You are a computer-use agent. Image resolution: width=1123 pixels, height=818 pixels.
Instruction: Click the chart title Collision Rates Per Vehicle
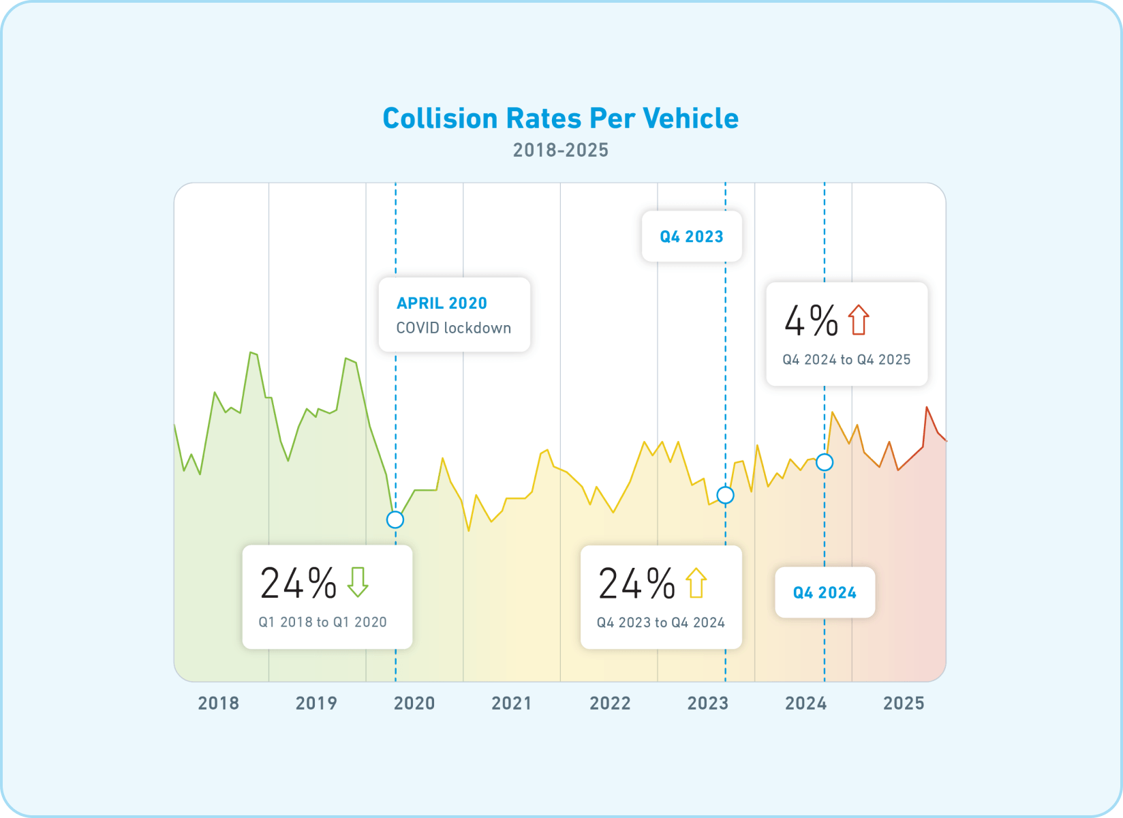tap(560, 119)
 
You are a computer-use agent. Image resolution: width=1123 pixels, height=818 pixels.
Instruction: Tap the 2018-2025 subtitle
tap(560, 150)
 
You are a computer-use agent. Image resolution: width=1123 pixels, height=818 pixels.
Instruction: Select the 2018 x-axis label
tap(218, 703)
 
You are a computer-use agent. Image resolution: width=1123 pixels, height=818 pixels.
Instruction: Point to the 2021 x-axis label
tap(512, 703)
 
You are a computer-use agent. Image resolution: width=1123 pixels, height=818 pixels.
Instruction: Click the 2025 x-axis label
tap(904, 703)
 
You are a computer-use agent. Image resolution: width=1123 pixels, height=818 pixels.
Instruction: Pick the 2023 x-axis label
tap(707, 703)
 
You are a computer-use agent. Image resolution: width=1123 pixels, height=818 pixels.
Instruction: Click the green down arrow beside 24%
tap(358, 582)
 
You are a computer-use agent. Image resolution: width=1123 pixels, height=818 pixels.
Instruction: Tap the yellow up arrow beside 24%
tap(696, 583)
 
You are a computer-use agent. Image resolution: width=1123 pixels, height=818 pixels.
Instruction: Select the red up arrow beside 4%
tap(859, 320)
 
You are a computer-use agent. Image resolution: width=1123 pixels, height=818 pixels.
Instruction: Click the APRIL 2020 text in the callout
tap(442, 303)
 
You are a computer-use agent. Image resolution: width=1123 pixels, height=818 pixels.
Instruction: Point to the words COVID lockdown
tap(453, 328)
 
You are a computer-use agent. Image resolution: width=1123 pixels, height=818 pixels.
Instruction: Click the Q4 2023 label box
tap(691, 237)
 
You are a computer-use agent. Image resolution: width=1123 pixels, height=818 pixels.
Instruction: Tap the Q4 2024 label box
tap(825, 592)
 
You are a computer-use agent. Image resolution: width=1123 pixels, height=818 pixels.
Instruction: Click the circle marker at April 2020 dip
tap(395, 519)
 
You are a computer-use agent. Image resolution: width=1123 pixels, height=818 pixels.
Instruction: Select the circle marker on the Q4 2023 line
tap(725, 495)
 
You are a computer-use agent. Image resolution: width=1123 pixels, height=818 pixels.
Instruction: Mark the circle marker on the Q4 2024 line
tap(825, 462)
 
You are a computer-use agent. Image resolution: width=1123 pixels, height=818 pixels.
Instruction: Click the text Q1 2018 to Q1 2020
tap(322, 622)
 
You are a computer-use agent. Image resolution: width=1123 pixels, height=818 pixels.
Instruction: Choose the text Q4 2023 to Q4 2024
tap(660, 622)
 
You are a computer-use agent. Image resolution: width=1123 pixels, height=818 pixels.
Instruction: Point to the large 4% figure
tap(811, 320)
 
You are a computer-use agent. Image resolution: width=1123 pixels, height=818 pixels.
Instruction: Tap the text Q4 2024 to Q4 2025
tap(846, 360)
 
